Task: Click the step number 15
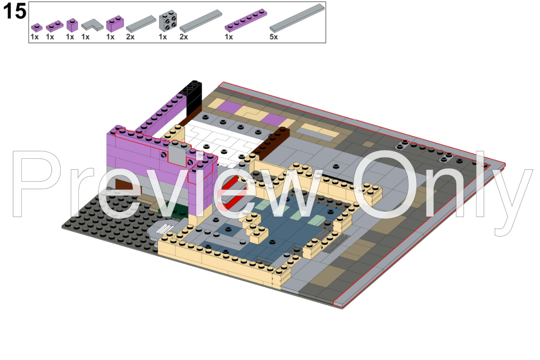click(15, 12)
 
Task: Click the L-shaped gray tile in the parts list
click(91, 24)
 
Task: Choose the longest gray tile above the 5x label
click(297, 18)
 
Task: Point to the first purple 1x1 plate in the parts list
click(36, 27)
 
